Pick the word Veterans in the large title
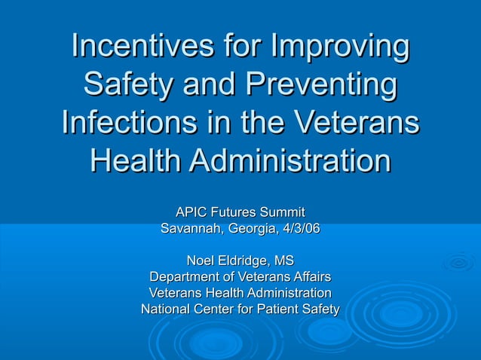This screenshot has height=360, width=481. tap(358, 122)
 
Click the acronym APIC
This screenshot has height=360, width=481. tap(191, 213)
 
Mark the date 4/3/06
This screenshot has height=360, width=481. tap(300, 228)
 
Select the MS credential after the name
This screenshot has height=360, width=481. tap(284, 261)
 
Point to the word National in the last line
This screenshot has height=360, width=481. tap(165, 309)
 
